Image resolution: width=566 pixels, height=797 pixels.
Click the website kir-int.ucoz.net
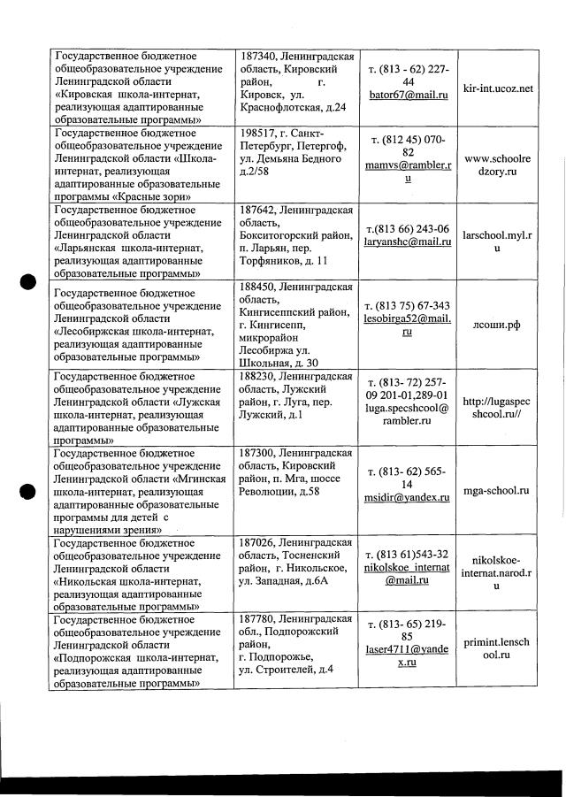(x=499, y=88)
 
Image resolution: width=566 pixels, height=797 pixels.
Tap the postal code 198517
(x=262, y=133)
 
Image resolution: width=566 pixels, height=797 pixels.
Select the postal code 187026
(x=263, y=541)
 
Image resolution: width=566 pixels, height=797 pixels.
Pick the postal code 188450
(x=263, y=287)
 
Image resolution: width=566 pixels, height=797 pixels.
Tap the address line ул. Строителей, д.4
(x=287, y=669)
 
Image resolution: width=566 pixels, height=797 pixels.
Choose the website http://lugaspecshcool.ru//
(x=498, y=406)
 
